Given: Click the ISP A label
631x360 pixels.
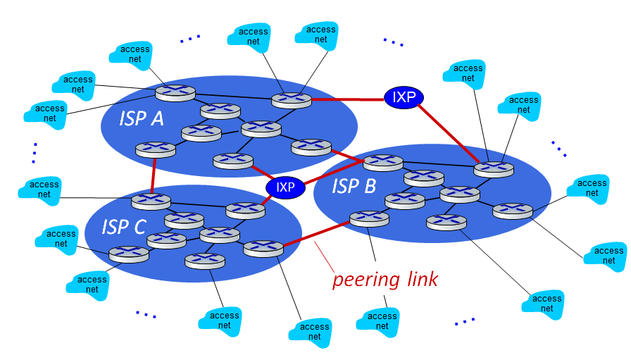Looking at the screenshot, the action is tap(142, 118).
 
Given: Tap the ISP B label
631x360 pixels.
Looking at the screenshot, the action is tap(354, 186).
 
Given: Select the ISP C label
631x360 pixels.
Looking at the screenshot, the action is tap(123, 227).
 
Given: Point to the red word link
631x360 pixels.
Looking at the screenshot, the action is tap(422, 279).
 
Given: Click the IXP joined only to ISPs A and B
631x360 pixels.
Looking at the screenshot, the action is tap(404, 97).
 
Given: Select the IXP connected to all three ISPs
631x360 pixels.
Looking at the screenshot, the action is tap(285, 187).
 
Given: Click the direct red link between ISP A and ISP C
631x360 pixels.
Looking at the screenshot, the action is tap(154, 175).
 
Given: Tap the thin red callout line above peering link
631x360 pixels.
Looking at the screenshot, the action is tap(324, 257).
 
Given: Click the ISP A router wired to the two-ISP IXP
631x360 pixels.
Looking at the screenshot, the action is tap(292, 100).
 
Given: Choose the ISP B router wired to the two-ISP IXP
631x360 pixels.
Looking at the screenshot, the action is tap(494, 168).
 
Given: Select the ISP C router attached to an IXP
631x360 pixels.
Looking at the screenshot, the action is tap(246, 211).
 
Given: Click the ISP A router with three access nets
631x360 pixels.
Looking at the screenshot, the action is tap(175, 93).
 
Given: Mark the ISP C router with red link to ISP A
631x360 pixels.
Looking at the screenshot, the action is tap(151, 201).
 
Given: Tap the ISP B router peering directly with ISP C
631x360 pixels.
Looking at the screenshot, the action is tap(370, 218).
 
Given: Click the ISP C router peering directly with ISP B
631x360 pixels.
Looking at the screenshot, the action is tap(263, 249).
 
